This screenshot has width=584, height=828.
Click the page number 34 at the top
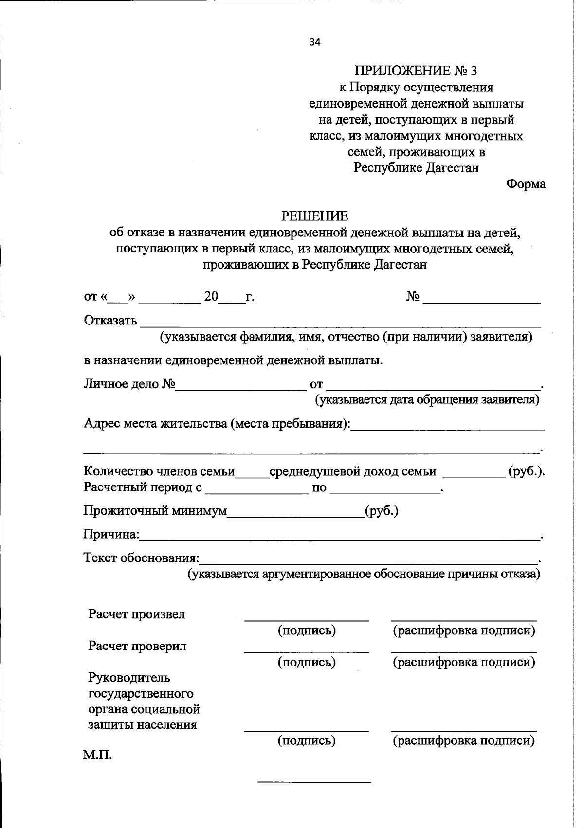pyautogui.click(x=315, y=42)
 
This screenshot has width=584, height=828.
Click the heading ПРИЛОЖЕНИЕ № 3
pyautogui.click(x=416, y=71)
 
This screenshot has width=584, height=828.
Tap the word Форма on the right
pyautogui.click(x=526, y=184)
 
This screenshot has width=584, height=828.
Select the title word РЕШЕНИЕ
pyautogui.click(x=315, y=216)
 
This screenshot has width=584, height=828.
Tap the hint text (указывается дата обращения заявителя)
pyautogui.click(x=427, y=400)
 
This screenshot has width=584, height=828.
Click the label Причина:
pyautogui.click(x=111, y=535)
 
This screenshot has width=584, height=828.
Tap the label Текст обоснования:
pyautogui.click(x=142, y=558)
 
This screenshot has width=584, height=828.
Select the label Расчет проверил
pyautogui.click(x=137, y=646)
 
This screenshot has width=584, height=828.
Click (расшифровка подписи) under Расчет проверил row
pyautogui.click(x=464, y=662)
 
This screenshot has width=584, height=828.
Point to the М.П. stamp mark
pyautogui.click(x=97, y=756)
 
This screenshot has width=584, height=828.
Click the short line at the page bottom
pyautogui.click(x=314, y=782)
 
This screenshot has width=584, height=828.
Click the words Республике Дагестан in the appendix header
pyautogui.click(x=416, y=168)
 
